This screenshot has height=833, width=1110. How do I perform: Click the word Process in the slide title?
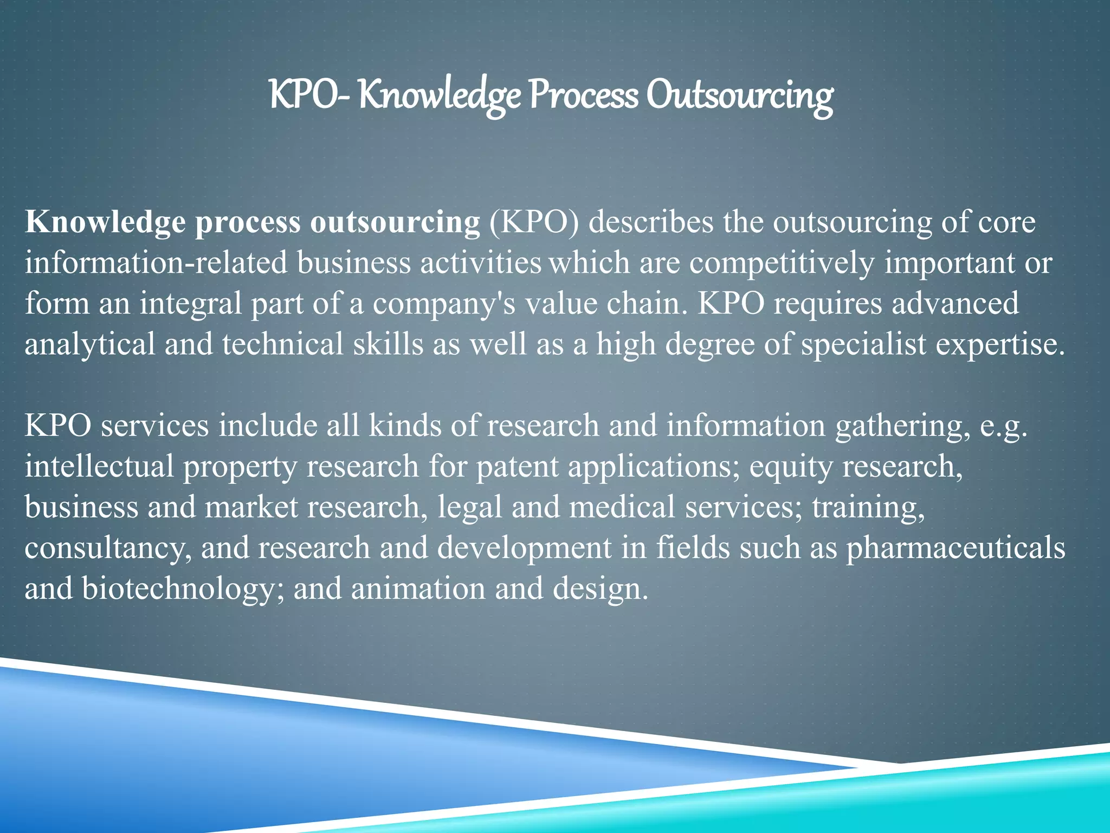click(x=583, y=95)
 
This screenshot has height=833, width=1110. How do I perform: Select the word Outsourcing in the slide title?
click(x=739, y=97)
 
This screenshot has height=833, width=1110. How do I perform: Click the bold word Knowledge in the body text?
click(x=106, y=222)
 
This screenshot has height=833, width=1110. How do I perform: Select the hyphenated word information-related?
click(x=156, y=263)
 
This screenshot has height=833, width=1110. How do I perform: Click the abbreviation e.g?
click(x=1003, y=426)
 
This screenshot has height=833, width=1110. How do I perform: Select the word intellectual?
click(x=99, y=466)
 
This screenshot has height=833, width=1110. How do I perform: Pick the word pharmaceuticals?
click(x=956, y=548)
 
